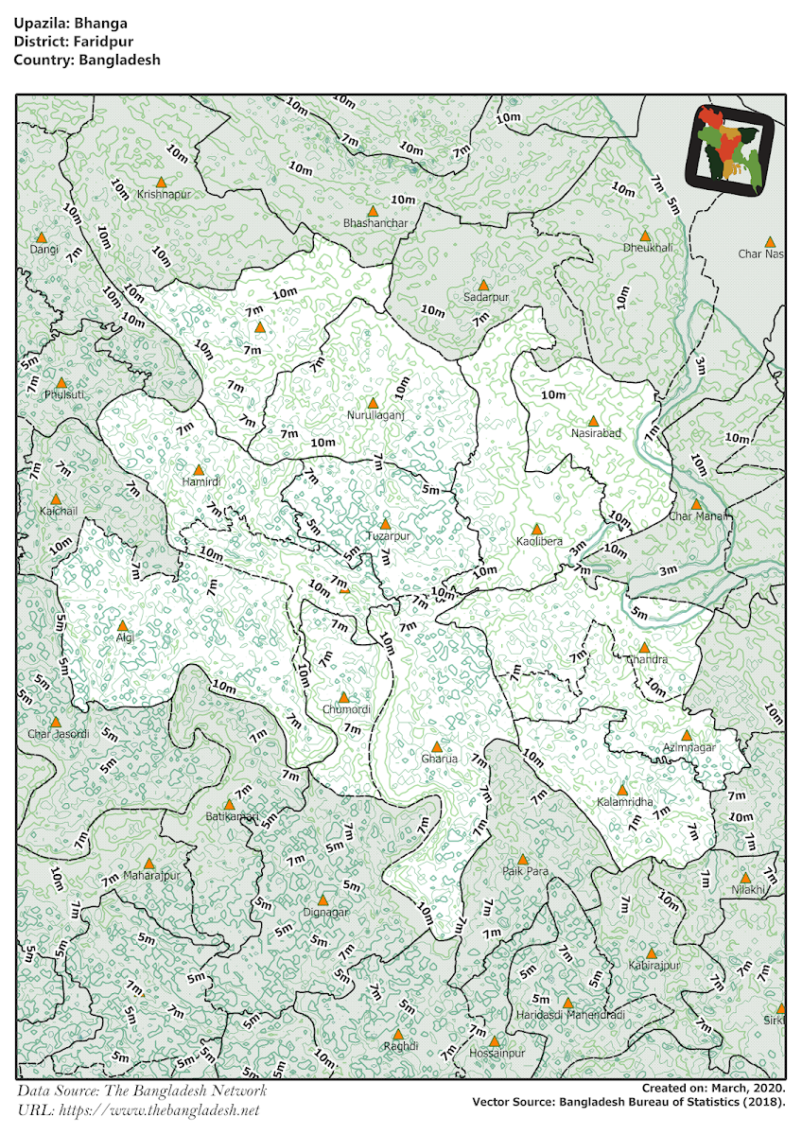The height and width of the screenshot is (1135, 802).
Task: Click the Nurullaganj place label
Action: click(x=375, y=415)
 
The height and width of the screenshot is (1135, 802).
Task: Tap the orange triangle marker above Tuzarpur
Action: click(x=385, y=523)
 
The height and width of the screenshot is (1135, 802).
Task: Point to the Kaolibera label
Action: click(x=539, y=542)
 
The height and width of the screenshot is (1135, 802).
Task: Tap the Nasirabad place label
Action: click(x=596, y=433)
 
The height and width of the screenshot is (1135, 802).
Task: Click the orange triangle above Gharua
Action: click(x=436, y=746)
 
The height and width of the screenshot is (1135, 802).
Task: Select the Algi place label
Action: click(x=125, y=637)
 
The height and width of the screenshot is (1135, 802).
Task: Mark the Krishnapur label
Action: click(x=164, y=194)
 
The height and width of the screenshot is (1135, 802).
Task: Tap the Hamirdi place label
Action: click(x=200, y=481)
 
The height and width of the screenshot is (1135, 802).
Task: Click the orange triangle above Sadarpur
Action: click(x=483, y=285)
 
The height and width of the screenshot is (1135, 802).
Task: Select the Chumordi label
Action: click(x=346, y=709)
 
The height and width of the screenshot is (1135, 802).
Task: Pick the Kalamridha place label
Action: click(x=624, y=802)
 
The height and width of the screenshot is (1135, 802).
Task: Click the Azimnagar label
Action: click(x=689, y=747)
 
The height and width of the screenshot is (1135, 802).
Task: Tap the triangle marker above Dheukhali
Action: click(x=645, y=236)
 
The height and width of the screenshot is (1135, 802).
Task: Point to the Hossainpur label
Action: click(x=496, y=1052)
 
